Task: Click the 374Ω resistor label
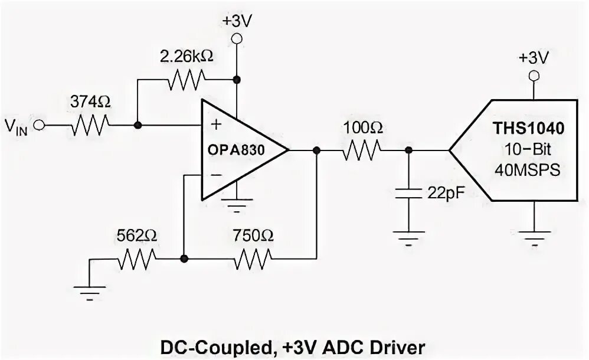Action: click(90, 102)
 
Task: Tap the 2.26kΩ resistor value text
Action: click(186, 57)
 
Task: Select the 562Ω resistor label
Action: click(137, 236)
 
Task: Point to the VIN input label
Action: click(17, 126)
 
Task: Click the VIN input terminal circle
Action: click(39, 125)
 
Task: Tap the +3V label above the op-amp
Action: click(237, 20)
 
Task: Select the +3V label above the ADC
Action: click(534, 57)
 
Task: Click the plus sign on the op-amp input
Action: click(215, 124)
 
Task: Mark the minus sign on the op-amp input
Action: click(215, 175)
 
